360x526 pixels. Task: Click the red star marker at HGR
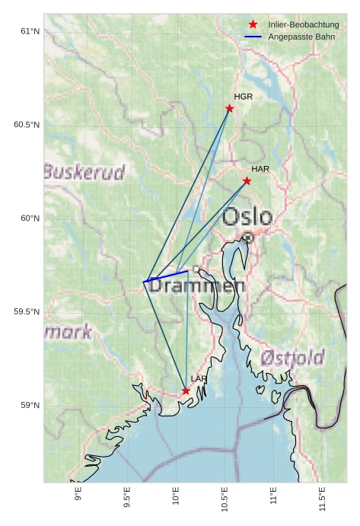click(230, 108)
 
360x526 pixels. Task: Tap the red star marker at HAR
click(247, 180)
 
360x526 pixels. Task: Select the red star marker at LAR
click(186, 391)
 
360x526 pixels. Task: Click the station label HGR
click(244, 97)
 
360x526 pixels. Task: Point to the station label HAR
click(260, 168)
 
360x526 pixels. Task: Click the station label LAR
click(199, 378)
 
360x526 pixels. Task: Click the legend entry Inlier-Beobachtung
click(303, 25)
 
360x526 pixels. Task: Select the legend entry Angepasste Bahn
click(298, 37)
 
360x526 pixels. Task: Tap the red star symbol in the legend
click(253, 25)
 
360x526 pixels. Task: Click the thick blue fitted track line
click(166, 276)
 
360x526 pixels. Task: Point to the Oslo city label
click(247, 217)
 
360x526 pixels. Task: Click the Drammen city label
click(196, 287)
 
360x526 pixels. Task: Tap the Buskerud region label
click(84, 172)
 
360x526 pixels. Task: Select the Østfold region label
click(292, 357)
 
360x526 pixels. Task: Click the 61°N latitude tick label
click(29, 31)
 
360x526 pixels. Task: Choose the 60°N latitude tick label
click(29, 218)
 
